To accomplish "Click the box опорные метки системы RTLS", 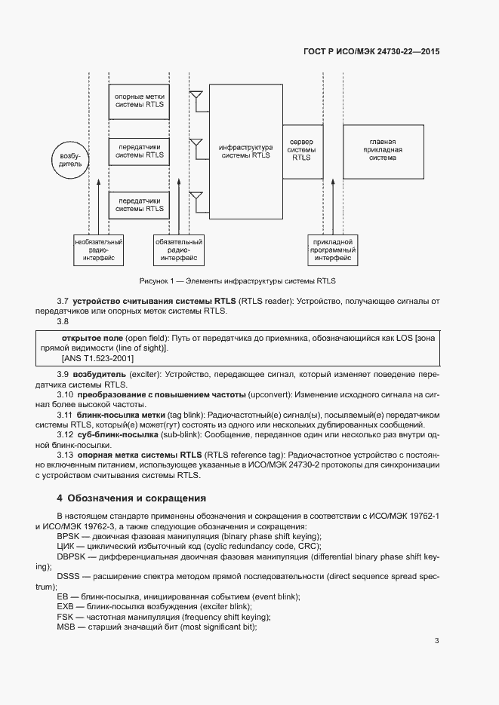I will coord(139,102).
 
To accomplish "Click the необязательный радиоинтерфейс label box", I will coord(99,250).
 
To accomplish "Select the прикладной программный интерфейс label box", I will coord(332,250).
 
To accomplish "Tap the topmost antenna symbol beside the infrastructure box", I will coord(196,97).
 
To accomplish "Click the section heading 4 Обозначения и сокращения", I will coord(131,498).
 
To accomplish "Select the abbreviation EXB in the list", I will coord(65,607).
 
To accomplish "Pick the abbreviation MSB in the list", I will coord(66,627).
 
